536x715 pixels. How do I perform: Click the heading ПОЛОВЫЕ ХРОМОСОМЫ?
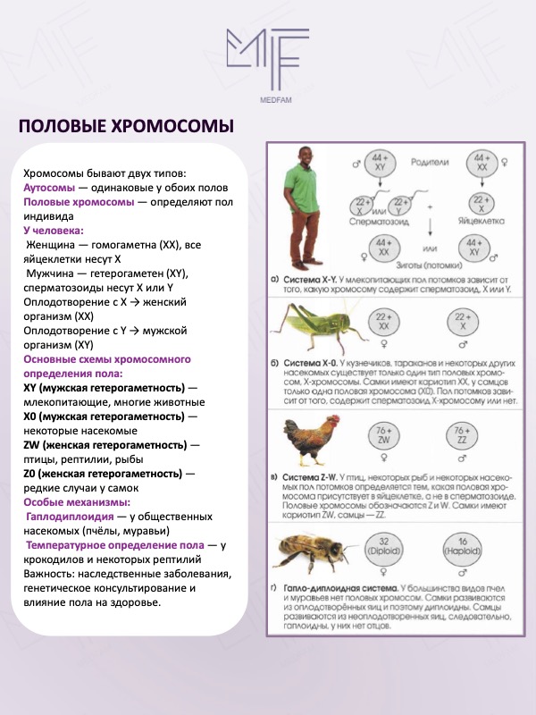(126, 125)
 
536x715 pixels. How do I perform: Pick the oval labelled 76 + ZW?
(383, 436)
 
